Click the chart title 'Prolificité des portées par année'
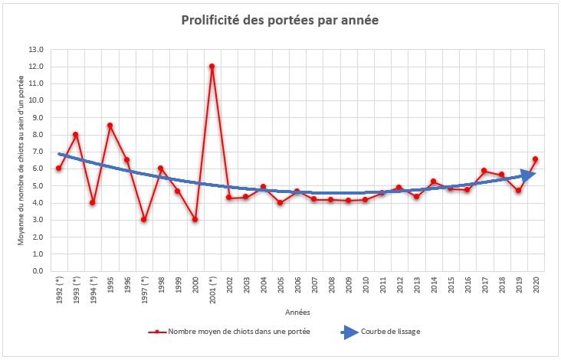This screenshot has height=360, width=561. pyautogui.click(x=280, y=20)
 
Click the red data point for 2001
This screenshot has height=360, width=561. pyautogui.click(x=212, y=66)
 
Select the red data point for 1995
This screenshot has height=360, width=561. pyautogui.click(x=110, y=125)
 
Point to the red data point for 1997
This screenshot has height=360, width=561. pyautogui.click(x=143, y=219)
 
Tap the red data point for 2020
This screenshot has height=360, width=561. pyautogui.click(x=535, y=159)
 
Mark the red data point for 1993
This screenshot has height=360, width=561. pyautogui.click(x=76, y=134)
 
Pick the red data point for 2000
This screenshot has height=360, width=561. pyautogui.click(x=195, y=219)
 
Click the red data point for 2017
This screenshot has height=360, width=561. pyautogui.click(x=484, y=171)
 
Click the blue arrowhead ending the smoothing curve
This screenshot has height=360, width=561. pyautogui.click(x=528, y=175)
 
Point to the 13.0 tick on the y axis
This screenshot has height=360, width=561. pyautogui.click(x=37, y=49)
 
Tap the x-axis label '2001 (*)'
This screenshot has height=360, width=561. pyautogui.click(x=212, y=290)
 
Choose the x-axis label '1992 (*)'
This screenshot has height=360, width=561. pyautogui.click(x=59, y=290)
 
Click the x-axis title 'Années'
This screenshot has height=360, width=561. pyautogui.click(x=296, y=312)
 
